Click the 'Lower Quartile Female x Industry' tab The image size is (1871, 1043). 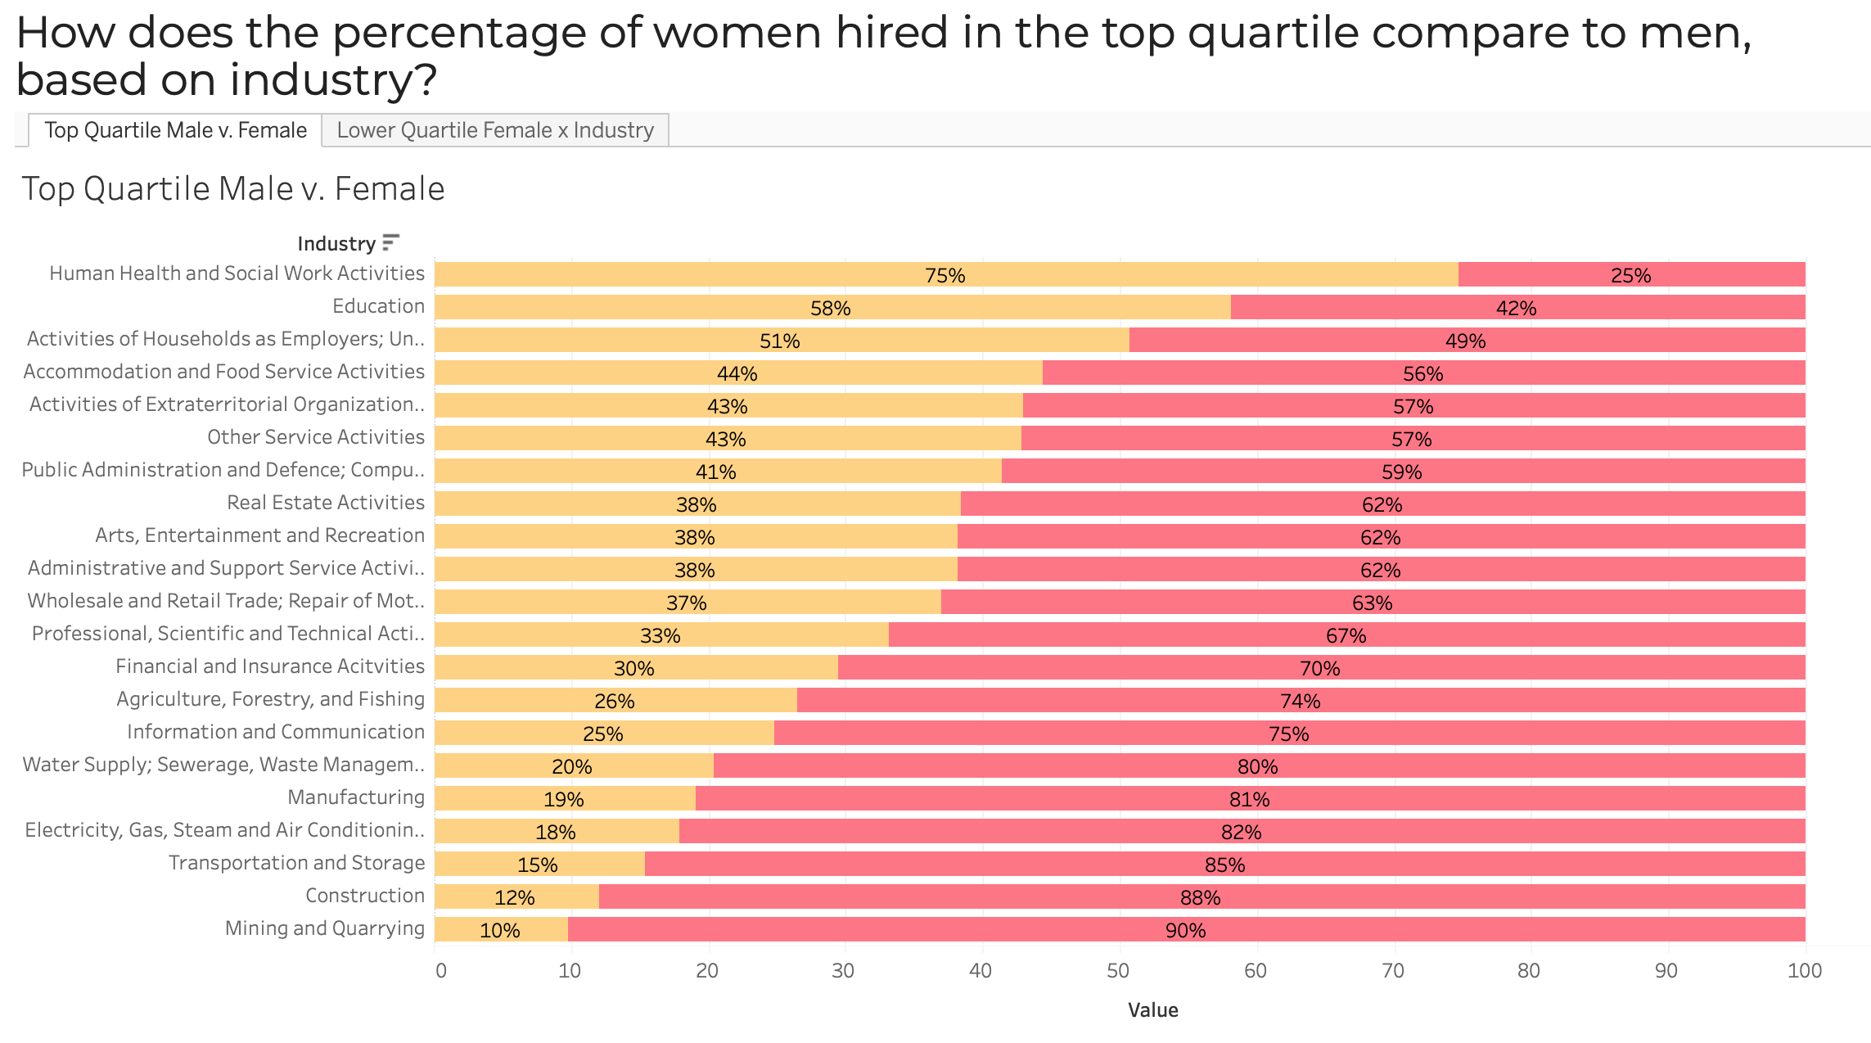(495, 130)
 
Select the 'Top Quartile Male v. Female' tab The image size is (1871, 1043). (175, 130)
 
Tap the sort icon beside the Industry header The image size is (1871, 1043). (390, 242)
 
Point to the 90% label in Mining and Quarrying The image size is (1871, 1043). (1185, 931)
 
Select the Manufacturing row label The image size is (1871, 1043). (356, 797)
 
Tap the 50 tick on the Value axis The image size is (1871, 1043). (1118, 971)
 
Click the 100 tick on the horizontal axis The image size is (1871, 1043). (1804, 971)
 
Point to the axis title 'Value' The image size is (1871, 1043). (1152, 1010)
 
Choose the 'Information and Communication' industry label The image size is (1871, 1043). (276, 732)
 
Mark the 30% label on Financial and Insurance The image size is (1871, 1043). (634, 669)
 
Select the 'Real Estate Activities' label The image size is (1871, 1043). (326, 503)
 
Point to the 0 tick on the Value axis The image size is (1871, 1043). (441, 971)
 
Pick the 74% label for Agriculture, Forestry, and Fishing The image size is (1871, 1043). (1300, 702)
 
